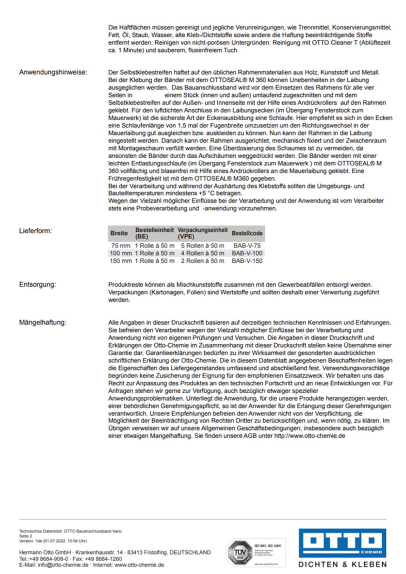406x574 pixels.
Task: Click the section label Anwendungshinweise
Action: click(x=53, y=72)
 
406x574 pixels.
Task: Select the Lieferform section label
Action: click(x=35, y=231)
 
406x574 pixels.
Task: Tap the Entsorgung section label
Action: click(x=37, y=284)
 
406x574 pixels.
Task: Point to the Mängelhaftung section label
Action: click(x=42, y=323)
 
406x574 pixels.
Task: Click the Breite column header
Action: click(x=119, y=233)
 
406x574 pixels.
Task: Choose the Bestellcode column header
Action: click(x=247, y=233)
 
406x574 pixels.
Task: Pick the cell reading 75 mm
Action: click(x=121, y=246)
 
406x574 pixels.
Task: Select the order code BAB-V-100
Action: click(x=247, y=253)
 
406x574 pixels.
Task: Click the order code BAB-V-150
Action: click(x=247, y=261)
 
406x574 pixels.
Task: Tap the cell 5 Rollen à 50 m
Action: click(x=202, y=246)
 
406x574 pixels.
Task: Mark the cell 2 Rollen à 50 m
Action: click(x=202, y=261)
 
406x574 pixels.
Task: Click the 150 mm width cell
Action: click(x=121, y=261)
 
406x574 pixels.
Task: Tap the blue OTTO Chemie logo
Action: click(x=342, y=543)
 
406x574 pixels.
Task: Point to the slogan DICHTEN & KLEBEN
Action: click(x=342, y=564)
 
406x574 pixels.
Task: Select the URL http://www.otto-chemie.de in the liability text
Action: click(x=309, y=436)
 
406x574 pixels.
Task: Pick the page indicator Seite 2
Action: click(x=25, y=536)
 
